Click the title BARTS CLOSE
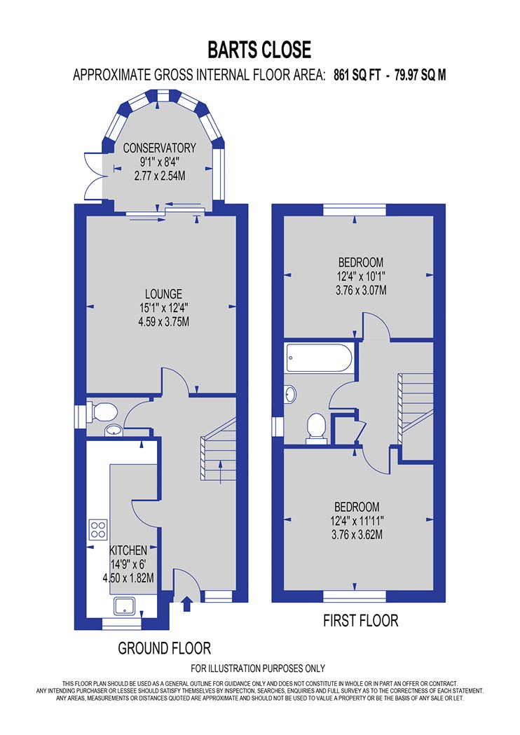click(x=259, y=50)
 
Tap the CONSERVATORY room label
click(x=160, y=148)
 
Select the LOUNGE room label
click(x=163, y=294)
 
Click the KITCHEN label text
click(x=128, y=549)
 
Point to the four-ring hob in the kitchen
click(x=98, y=529)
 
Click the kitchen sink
click(x=124, y=605)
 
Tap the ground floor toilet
click(x=102, y=413)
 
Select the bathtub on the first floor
click(x=318, y=358)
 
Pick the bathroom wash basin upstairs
click(x=291, y=393)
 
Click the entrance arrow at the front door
click(x=187, y=603)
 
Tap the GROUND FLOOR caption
click(x=164, y=648)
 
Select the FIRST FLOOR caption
click(x=360, y=621)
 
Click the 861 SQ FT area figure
click(x=357, y=75)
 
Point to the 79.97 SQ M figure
click(x=420, y=75)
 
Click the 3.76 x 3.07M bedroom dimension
click(x=361, y=290)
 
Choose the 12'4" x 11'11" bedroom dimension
click(x=357, y=521)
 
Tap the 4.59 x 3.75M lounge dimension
click(x=164, y=322)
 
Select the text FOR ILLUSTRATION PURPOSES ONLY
click(x=258, y=668)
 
